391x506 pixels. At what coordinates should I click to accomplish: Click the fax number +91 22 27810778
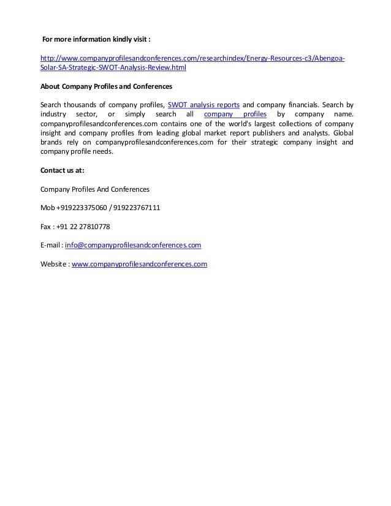coord(83,227)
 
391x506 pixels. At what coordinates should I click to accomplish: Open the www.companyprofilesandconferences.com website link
coord(139,265)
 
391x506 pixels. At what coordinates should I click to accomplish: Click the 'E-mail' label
coord(50,246)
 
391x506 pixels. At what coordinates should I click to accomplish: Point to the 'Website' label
coord(53,265)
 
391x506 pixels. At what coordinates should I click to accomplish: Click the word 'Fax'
coord(45,227)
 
